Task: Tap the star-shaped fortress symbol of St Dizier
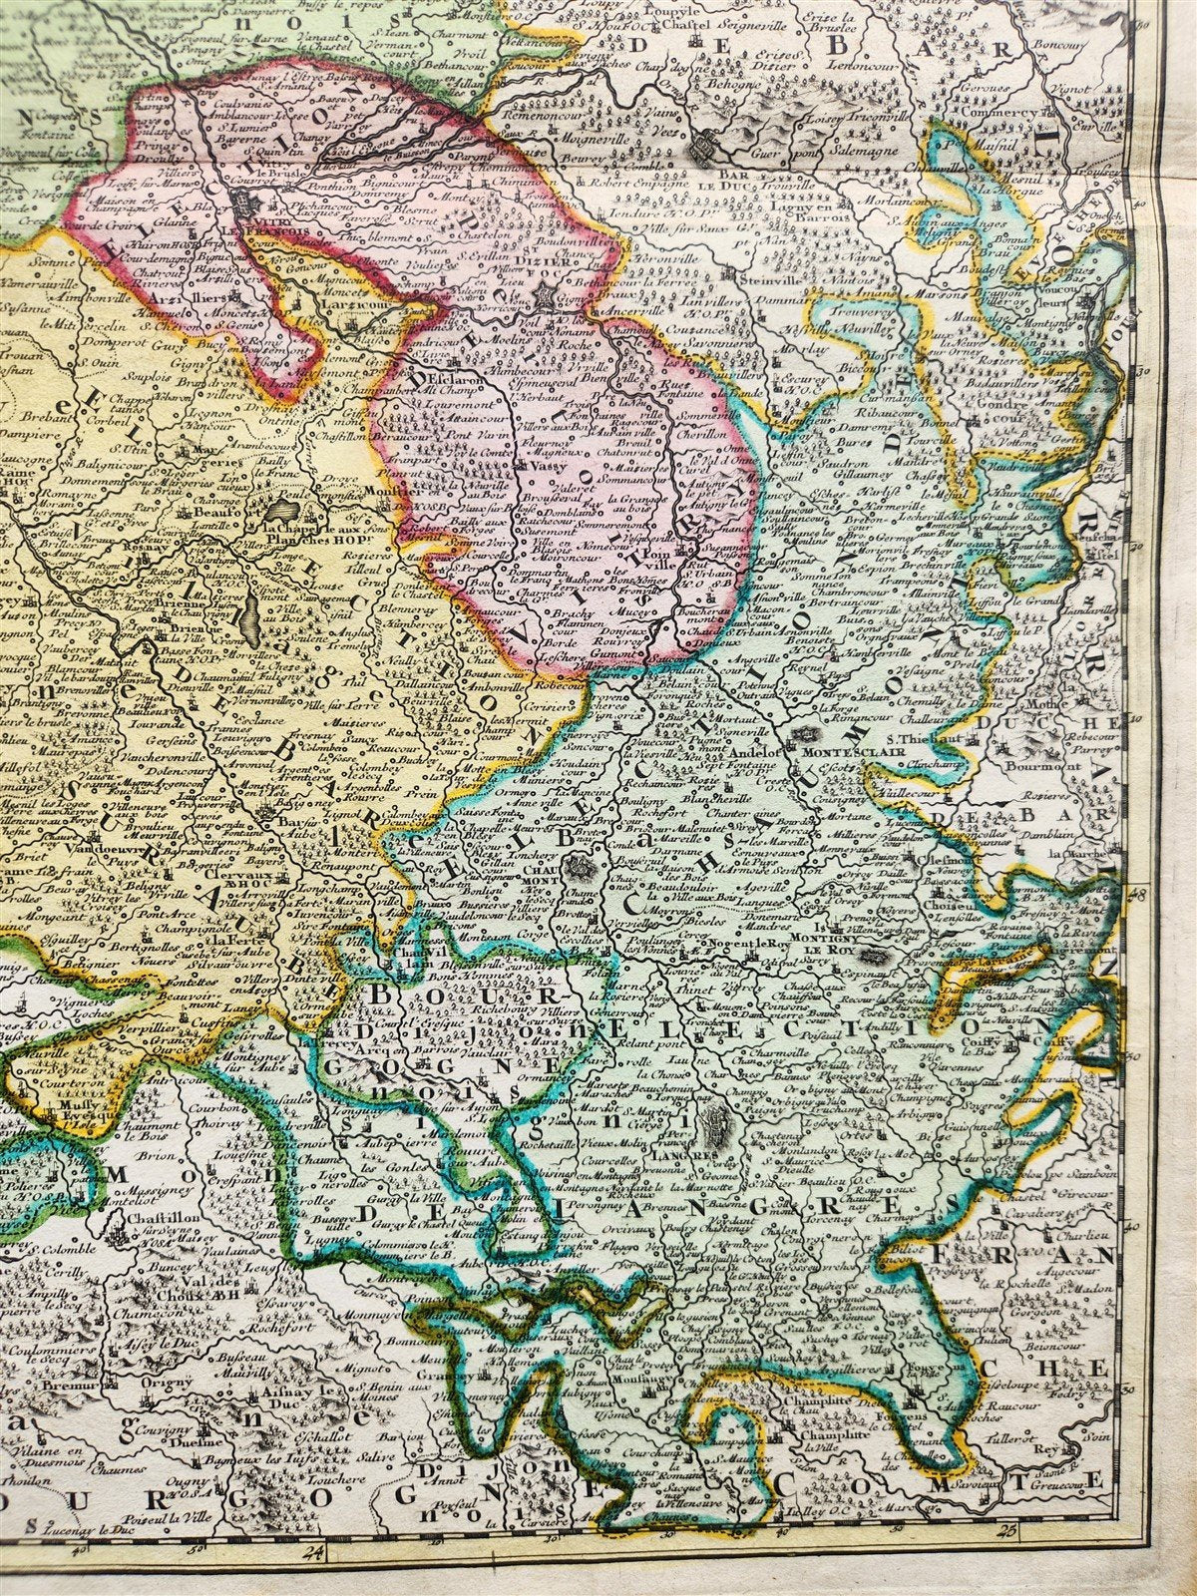545,297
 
